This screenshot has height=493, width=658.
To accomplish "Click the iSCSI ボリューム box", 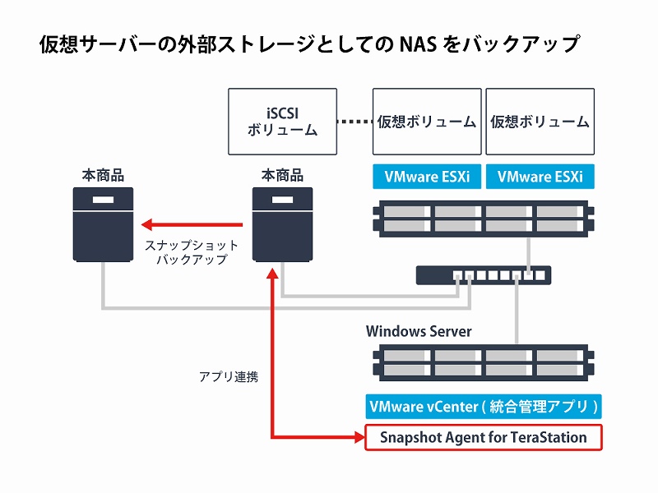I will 282,122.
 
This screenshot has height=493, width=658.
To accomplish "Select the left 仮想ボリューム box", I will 427,122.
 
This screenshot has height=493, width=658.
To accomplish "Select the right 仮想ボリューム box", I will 540,122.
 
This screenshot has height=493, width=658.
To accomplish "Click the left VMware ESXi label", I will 427,177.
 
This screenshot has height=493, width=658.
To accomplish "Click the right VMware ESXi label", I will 540,177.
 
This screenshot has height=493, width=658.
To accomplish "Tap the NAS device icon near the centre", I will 282,224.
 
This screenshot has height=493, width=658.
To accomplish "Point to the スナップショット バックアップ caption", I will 191,252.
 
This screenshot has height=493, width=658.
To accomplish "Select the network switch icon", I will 483,275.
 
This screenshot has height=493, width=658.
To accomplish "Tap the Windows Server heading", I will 419,331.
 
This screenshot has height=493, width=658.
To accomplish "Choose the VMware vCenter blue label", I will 483,407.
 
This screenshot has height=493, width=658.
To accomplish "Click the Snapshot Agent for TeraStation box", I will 483,437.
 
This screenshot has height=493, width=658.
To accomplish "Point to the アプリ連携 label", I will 228,377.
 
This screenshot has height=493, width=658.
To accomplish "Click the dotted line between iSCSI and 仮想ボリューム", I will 354,122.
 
